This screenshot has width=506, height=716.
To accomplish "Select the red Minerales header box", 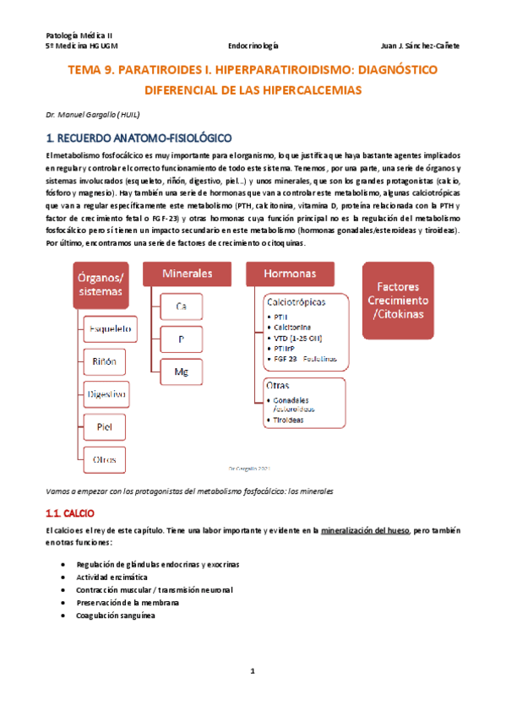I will tap(188, 274).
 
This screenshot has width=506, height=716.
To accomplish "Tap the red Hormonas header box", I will tap(290, 274).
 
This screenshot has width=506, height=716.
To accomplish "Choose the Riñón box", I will tap(105, 361).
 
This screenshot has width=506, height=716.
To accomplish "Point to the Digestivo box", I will tap(105, 393).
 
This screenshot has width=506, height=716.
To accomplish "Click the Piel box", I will tap(105, 426).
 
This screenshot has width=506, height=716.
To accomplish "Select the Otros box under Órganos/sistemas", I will tap(105, 459).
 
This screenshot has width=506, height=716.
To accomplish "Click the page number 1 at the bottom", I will tap(252, 671).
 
